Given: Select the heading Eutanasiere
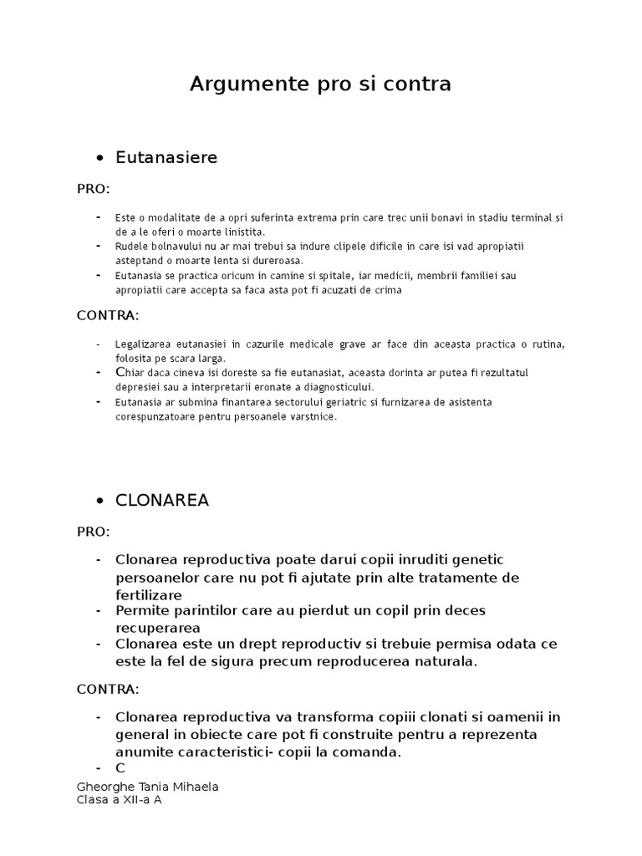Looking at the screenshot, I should pyautogui.click(x=166, y=157).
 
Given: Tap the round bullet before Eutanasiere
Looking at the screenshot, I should pyautogui.click(x=100, y=158).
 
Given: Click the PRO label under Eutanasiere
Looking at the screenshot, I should pyautogui.click(x=93, y=189).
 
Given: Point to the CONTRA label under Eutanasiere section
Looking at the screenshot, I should pyautogui.click(x=108, y=315).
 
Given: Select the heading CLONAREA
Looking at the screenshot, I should pyautogui.click(x=162, y=501).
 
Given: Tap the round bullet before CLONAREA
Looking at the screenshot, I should pyautogui.click(x=100, y=502).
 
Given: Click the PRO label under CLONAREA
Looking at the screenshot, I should pyautogui.click(x=93, y=532).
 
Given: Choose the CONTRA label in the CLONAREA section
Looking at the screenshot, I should pyautogui.click(x=108, y=689).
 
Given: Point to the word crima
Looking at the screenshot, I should pyautogui.click(x=386, y=290).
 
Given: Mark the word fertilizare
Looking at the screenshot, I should pyautogui.click(x=148, y=595).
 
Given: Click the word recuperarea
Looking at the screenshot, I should pyautogui.click(x=158, y=627).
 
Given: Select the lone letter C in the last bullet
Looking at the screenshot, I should pyautogui.click(x=120, y=767).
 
